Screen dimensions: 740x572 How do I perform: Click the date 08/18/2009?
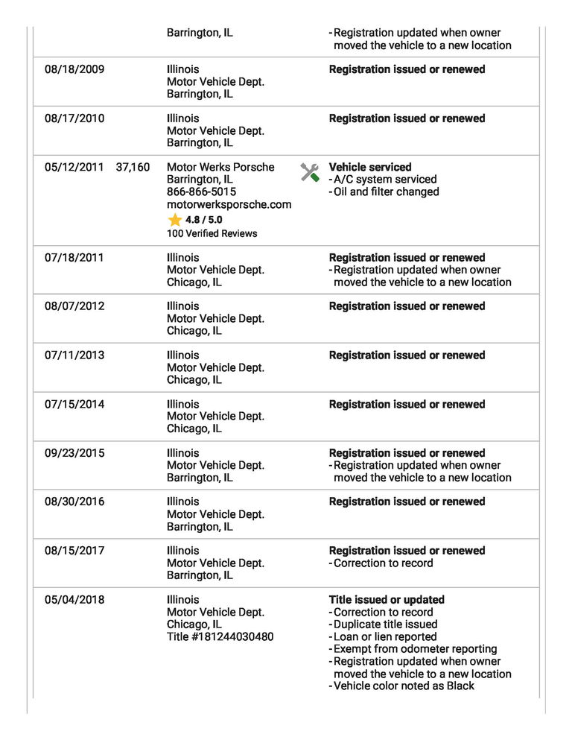[74, 69]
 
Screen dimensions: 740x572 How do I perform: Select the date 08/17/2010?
[74, 118]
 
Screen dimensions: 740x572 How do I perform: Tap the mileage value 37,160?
[133, 168]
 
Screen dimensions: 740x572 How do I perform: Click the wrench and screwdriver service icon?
[310, 172]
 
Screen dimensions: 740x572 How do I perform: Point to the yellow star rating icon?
[175, 220]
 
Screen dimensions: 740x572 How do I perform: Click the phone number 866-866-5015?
[201, 192]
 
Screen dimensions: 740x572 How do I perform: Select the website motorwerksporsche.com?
[229, 204]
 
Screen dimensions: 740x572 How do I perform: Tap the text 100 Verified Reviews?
[212, 233]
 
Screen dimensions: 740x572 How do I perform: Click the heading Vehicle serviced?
[370, 168]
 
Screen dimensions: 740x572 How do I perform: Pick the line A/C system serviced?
[385, 180]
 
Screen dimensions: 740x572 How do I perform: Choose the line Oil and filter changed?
[386, 192]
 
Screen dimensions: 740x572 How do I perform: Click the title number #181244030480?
[220, 637]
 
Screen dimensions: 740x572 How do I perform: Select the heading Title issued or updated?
[387, 600]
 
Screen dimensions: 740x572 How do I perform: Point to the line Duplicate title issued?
[385, 624]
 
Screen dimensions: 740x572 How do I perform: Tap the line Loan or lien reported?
[385, 637]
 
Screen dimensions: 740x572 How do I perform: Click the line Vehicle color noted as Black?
[404, 686]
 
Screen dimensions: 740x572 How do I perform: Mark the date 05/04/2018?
[74, 600]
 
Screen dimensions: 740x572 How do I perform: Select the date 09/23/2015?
[74, 453]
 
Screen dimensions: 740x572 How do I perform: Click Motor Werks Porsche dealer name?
[220, 168]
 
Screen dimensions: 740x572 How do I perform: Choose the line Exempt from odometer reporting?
[415, 649]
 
